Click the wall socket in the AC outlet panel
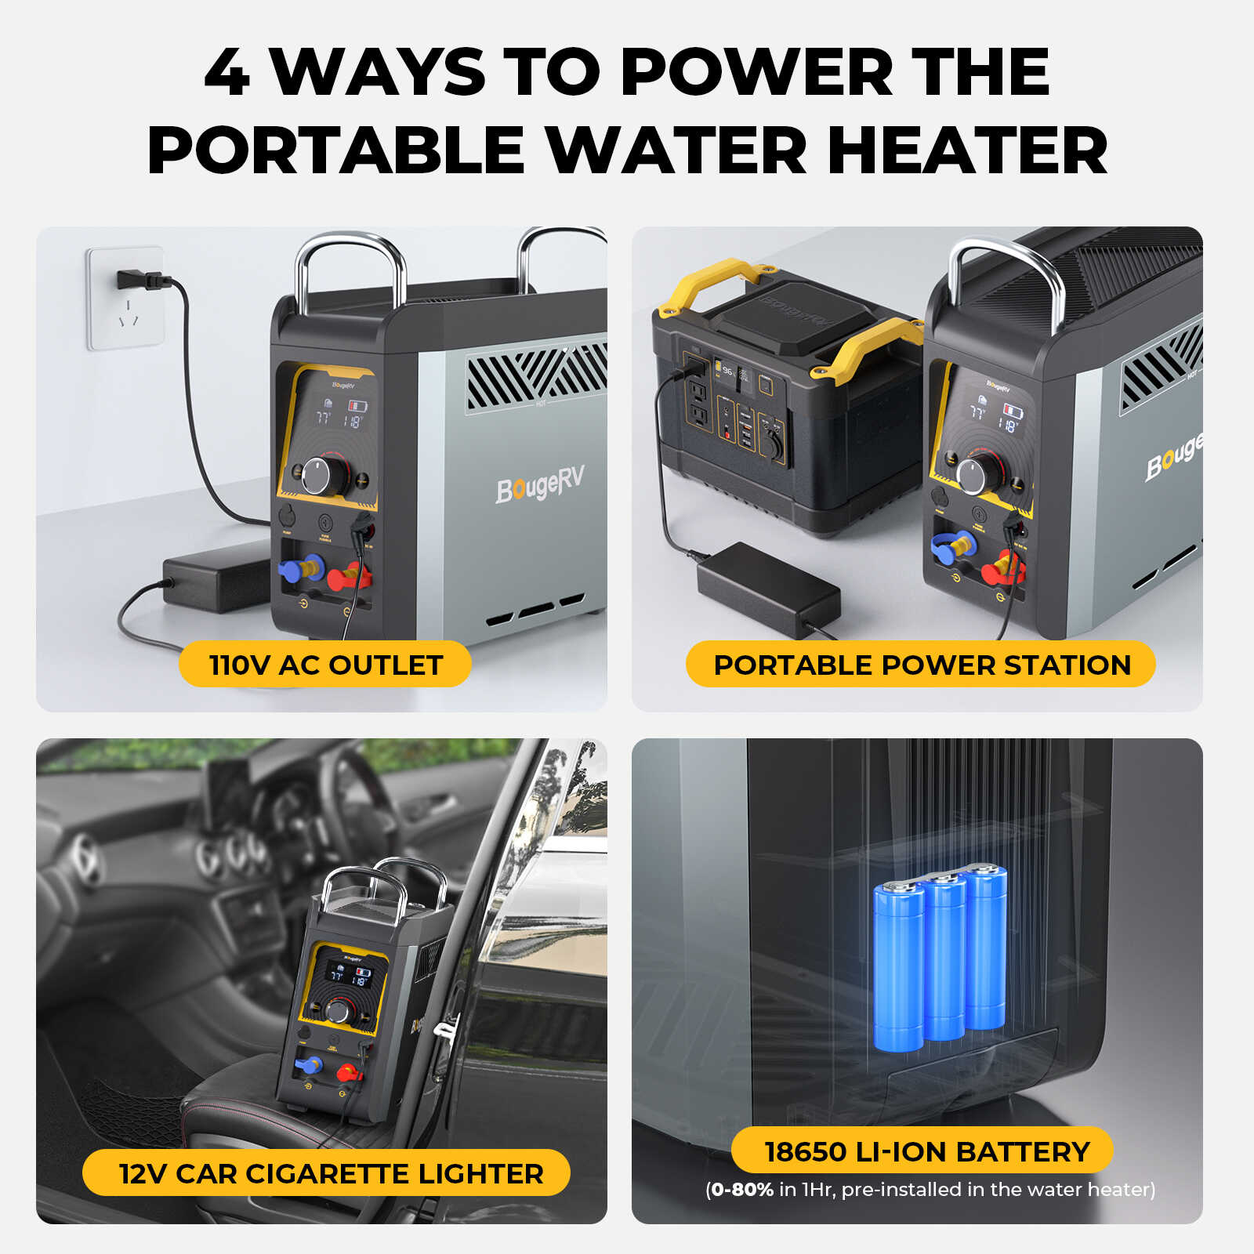(x=126, y=299)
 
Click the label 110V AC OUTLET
(x=325, y=665)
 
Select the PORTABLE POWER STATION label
(x=921, y=665)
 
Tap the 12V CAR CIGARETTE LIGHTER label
(x=330, y=1173)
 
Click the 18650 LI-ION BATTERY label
(x=926, y=1151)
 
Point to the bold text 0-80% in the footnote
(x=741, y=1190)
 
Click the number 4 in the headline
(x=228, y=72)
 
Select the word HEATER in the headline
(x=967, y=150)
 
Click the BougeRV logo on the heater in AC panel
(x=540, y=484)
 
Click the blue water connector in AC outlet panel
(x=302, y=567)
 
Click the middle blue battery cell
(x=944, y=956)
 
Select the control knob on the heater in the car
(x=339, y=1012)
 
